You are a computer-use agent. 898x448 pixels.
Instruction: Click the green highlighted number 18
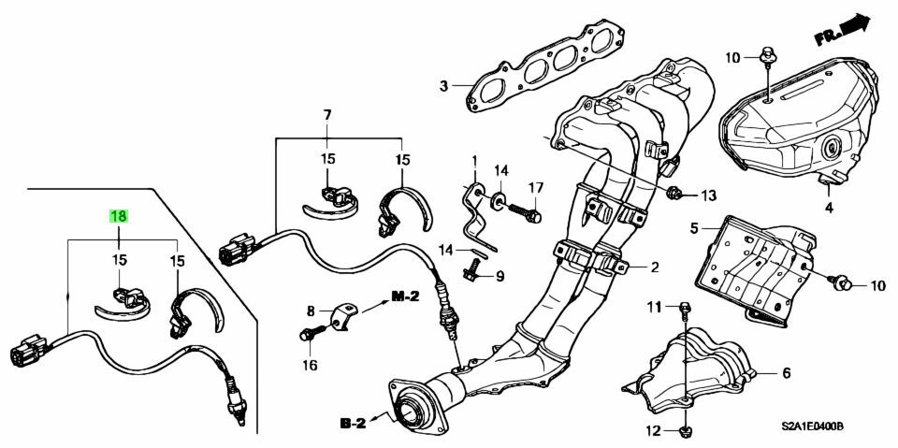coord(119,216)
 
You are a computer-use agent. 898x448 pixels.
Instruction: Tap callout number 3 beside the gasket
coord(444,88)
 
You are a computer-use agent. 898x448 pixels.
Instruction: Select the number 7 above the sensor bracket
coord(327,115)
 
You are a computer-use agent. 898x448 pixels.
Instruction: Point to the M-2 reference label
coord(404,297)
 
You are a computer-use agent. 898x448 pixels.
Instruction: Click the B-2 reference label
coord(353,423)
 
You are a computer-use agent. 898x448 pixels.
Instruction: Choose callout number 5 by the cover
coord(695,227)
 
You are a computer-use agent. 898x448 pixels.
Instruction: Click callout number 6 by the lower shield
coord(786,373)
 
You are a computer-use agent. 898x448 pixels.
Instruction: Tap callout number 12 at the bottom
coord(654,430)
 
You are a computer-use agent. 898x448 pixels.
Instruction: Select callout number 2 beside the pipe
coord(655,267)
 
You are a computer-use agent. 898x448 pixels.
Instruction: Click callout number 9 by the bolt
coord(500,276)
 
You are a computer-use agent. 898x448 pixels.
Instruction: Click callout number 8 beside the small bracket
coord(311,310)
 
